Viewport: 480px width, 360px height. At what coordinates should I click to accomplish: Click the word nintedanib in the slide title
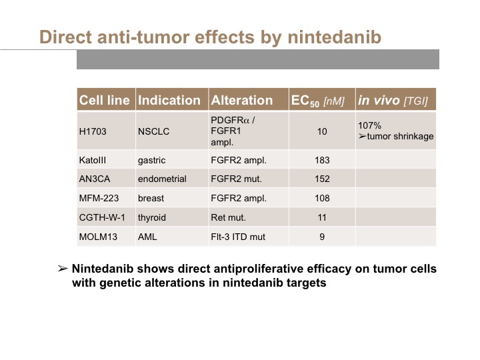click(334, 37)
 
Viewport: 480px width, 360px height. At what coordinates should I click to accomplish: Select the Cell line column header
click(104, 100)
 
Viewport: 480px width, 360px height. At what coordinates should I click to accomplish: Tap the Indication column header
click(169, 100)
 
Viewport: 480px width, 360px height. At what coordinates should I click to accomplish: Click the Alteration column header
click(241, 100)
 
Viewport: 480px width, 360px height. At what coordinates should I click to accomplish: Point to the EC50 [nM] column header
click(318, 101)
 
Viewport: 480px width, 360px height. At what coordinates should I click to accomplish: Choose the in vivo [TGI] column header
click(393, 101)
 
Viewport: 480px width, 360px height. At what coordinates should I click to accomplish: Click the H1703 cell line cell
click(93, 131)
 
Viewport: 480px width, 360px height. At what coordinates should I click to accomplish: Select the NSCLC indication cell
click(153, 131)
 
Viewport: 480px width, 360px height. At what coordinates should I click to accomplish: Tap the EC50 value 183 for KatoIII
click(322, 160)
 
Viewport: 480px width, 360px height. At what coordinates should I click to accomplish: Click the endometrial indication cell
click(162, 179)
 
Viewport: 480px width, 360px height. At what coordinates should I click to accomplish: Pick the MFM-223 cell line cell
click(99, 198)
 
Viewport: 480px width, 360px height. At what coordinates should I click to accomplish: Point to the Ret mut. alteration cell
click(228, 217)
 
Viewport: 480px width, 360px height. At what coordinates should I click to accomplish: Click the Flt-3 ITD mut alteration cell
click(238, 237)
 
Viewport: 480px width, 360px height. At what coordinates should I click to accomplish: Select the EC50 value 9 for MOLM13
click(322, 237)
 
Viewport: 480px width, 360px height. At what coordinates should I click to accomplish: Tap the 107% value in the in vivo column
click(369, 125)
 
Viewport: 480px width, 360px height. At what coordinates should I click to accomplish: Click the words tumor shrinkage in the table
click(400, 136)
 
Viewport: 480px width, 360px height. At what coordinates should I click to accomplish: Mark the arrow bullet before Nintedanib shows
click(63, 269)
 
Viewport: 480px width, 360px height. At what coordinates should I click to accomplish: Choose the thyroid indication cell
click(151, 217)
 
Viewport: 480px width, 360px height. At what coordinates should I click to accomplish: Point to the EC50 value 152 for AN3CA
click(322, 179)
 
